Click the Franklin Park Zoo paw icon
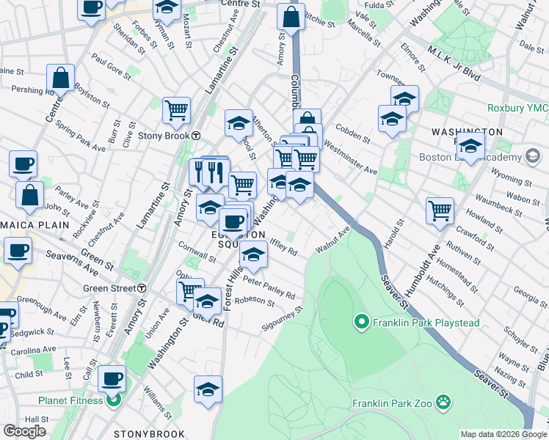[443, 402]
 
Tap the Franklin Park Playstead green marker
[361, 321]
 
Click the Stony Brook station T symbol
[196, 136]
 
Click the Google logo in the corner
[24, 431]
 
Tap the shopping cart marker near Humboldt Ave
[440, 210]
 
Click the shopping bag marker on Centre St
[60, 78]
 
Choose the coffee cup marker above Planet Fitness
[112, 379]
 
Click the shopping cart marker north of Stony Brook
[176, 110]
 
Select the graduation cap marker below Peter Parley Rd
[207, 303]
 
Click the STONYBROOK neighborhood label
[150, 434]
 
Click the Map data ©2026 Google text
[503, 434]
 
